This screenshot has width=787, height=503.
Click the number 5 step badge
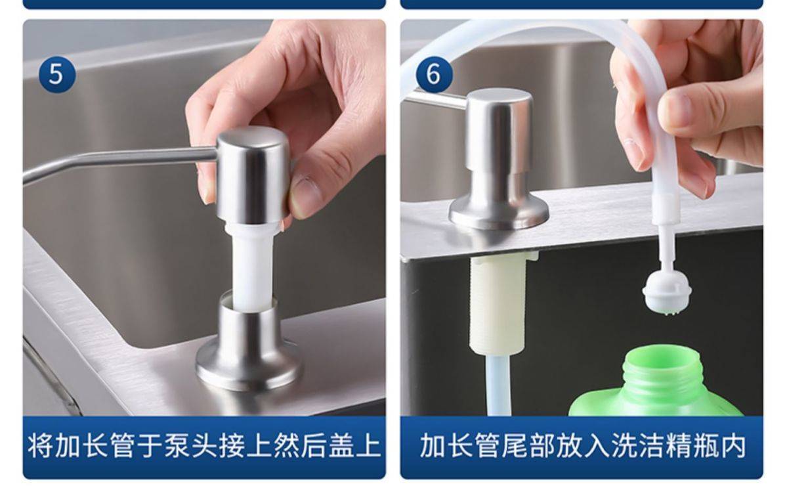point(56,74)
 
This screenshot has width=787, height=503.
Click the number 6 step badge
point(434,74)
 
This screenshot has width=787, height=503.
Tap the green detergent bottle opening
point(661,357)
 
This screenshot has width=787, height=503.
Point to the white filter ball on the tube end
point(667,293)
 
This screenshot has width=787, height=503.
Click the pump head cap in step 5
point(253,175)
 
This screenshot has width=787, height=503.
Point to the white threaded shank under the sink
point(498,301)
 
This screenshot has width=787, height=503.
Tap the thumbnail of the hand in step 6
point(677,108)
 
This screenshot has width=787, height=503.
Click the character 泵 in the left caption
point(178,446)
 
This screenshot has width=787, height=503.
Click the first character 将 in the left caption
point(41,446)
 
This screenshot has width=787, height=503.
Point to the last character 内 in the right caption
point(733,446)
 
